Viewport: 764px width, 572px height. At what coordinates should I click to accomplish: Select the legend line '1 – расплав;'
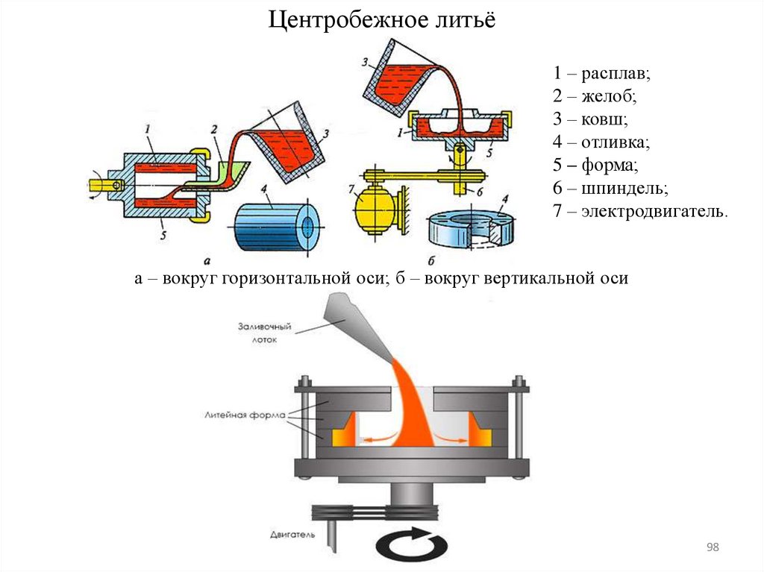click(x=602, y=74)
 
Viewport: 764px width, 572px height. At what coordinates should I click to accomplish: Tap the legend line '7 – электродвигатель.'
click(x=639, y=211)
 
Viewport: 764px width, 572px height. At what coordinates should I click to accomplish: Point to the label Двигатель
click(x=292, y=534)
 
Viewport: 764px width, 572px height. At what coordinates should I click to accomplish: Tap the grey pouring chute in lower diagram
click(x=359, y=321)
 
